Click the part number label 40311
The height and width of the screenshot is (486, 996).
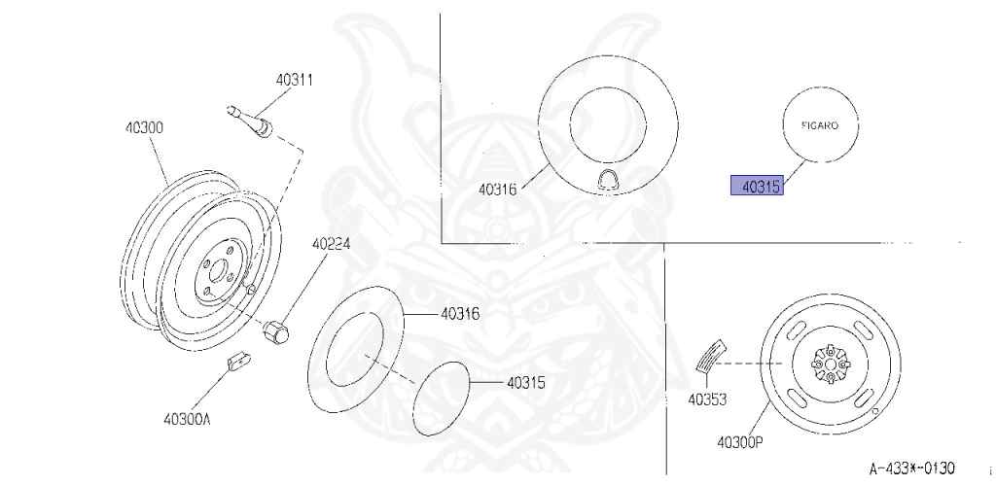point(294,80)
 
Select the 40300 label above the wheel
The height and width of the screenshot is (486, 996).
point(144,127)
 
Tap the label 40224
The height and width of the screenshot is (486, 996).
point(331,244)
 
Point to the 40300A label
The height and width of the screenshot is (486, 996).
point(187,419)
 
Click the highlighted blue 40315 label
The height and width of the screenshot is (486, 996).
point(757,186)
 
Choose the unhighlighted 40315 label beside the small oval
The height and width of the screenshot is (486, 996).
point(526,383)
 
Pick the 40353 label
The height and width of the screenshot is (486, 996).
point(707,399)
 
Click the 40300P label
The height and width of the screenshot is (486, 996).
point(740,441)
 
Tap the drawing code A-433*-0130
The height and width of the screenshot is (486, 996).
point(911,469)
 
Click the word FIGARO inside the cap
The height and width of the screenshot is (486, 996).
point(819,125)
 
